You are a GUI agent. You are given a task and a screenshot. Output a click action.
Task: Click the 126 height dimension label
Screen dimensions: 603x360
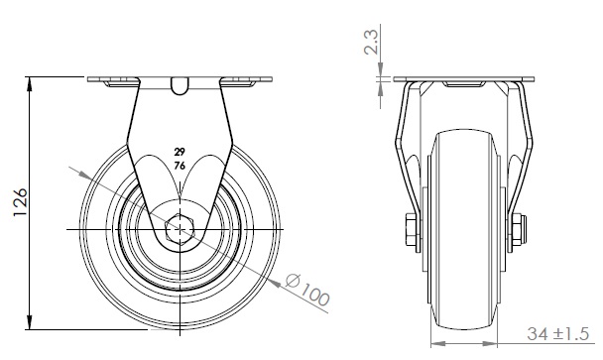click(x=21, y=202)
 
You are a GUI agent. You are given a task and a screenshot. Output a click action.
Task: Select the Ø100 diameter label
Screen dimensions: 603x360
click(x=307, y=290)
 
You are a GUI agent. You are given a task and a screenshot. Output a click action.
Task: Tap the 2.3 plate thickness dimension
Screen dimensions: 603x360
click(x=372, y=42)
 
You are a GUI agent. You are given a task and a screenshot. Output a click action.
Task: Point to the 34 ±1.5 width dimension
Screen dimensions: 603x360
click(x=557, y=333)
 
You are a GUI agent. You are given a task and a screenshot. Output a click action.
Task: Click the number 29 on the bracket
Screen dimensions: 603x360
click(x=180, y=152)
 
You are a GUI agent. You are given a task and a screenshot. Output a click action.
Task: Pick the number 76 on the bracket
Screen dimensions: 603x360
click(x=180, y=166)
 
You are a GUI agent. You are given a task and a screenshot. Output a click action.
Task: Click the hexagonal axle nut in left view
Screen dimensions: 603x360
click(x=180, y=230)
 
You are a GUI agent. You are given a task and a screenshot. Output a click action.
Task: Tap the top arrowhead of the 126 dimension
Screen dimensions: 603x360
click(x=29, y=84)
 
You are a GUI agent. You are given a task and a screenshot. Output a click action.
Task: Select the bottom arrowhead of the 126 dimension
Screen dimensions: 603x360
click(x=29, y=322)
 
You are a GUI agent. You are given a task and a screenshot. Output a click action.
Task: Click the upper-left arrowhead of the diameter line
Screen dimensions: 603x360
click(x=85, y=175)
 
